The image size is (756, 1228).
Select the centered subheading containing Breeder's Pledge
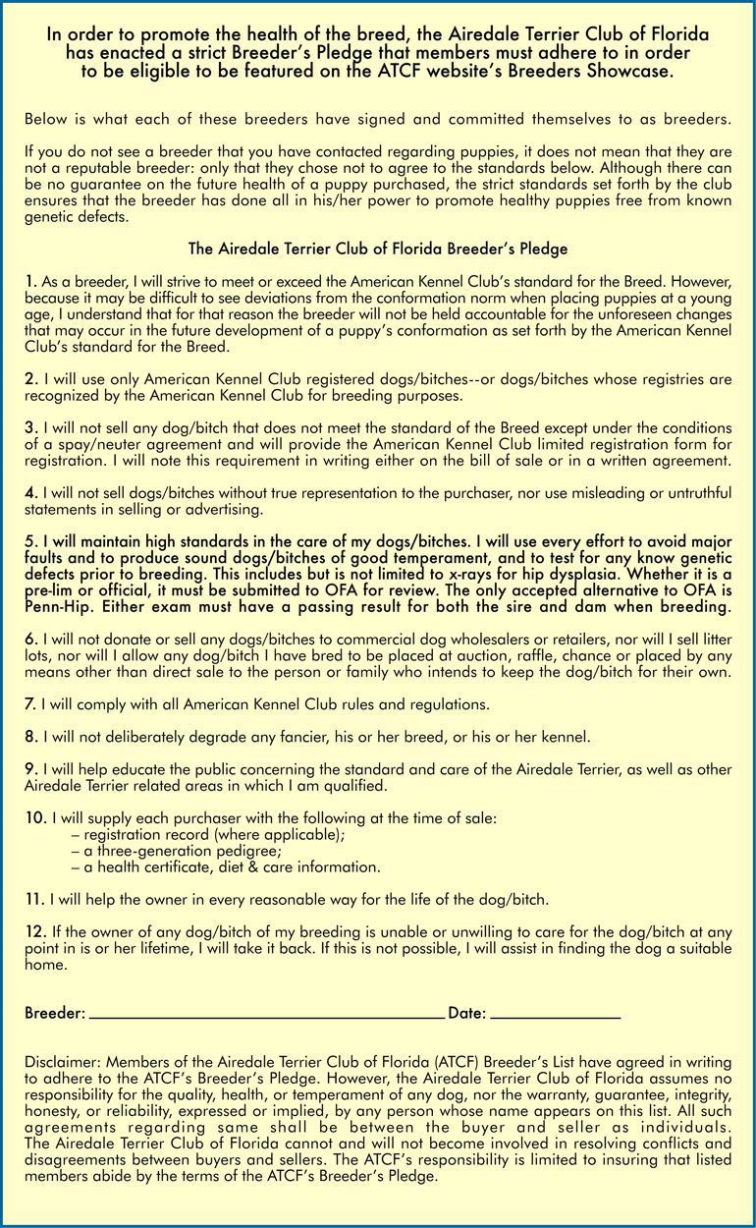[378, 249]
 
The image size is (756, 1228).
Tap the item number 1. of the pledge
[30, 282]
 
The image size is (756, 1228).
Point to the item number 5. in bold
[30, 541]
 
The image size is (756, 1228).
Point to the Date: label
[466, 1013]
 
